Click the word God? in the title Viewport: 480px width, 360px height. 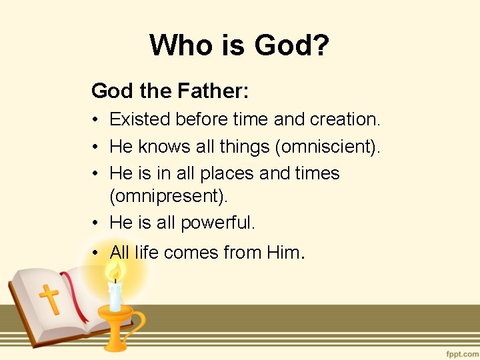tap(292, 45)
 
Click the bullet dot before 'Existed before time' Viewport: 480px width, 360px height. tap(97, 120)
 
